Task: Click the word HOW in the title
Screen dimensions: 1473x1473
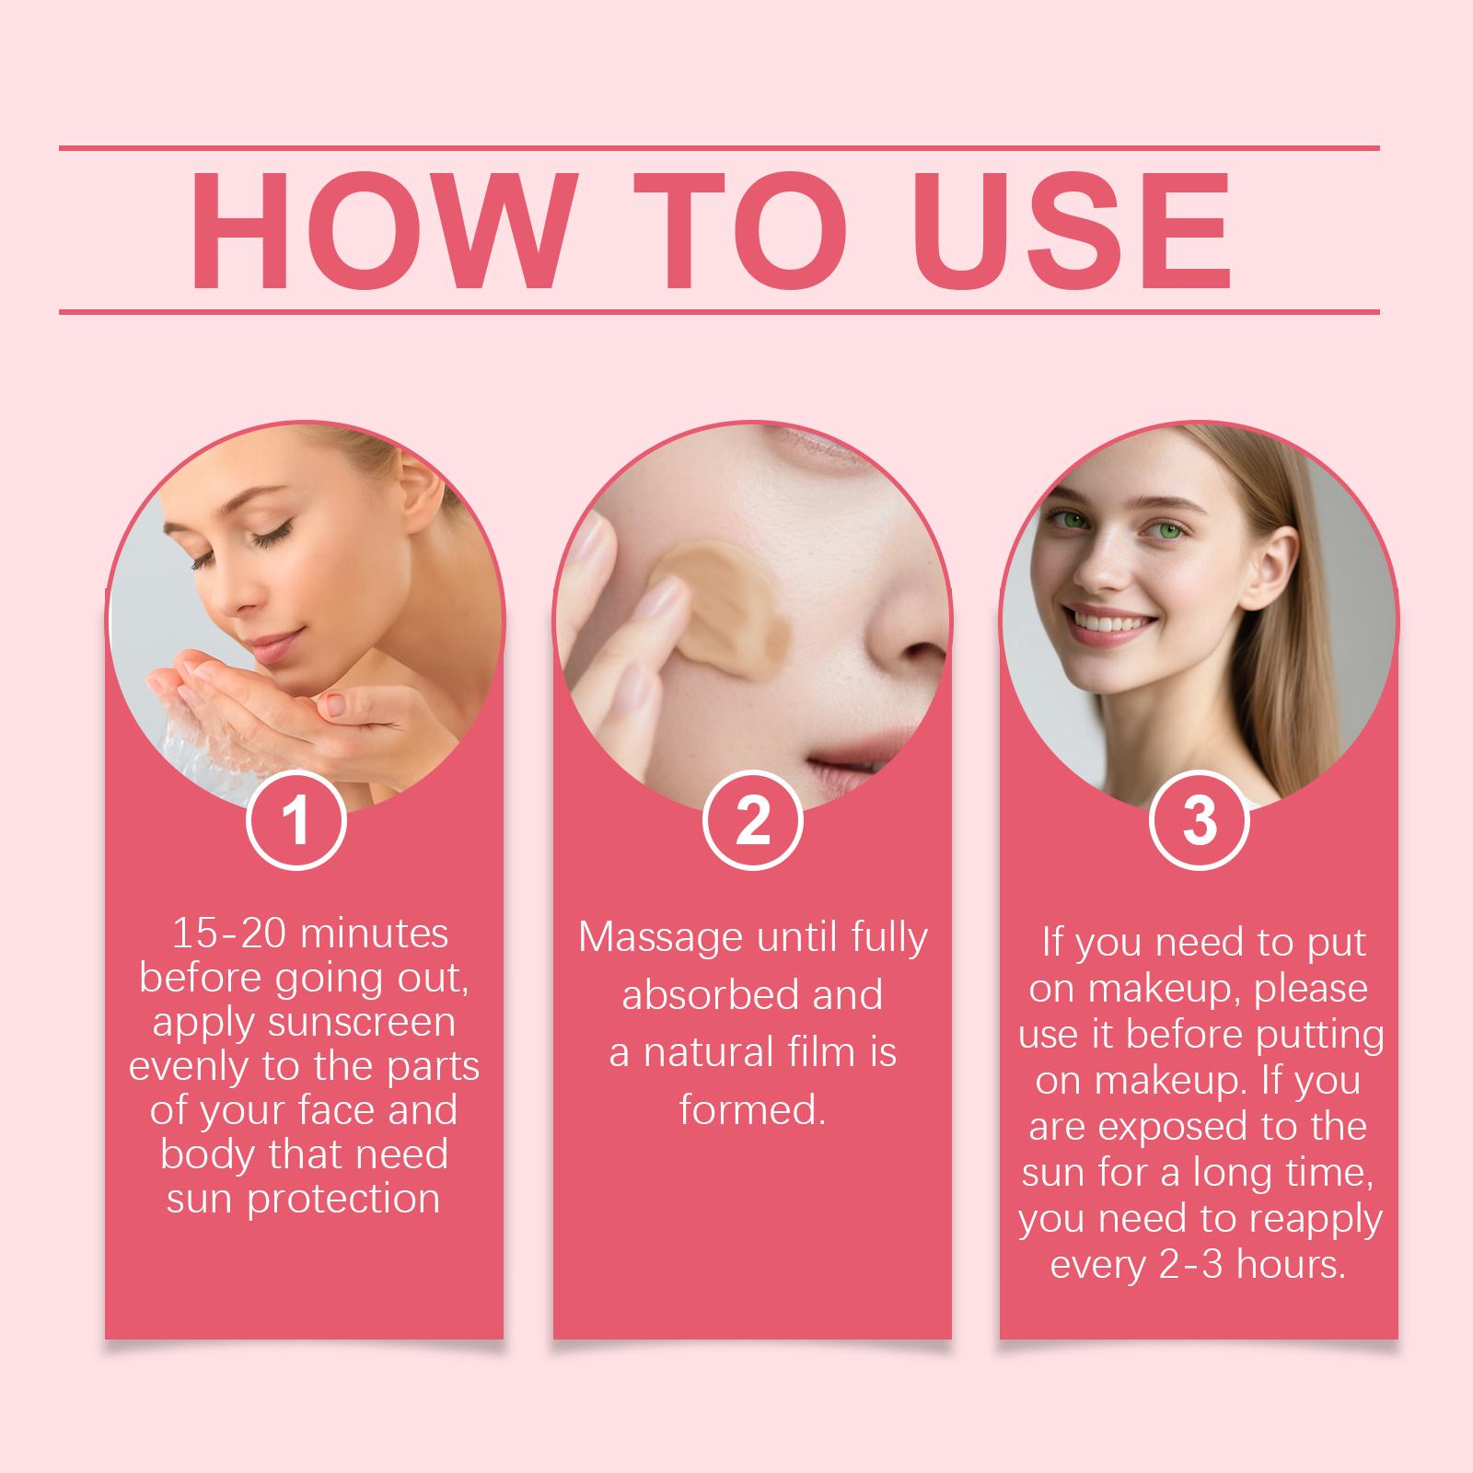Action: [x=380, y=230]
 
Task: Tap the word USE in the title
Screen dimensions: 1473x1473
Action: [x=1072, y=230]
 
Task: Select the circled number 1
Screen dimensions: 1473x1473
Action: [x=296, y=820]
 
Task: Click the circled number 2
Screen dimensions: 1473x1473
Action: [x=752, y=820]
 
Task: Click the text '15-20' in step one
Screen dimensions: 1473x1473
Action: [x=228, y=934]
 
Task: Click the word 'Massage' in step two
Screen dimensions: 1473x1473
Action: [x=660, y=939]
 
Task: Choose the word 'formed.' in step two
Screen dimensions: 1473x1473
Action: [x=752, y=1109]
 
